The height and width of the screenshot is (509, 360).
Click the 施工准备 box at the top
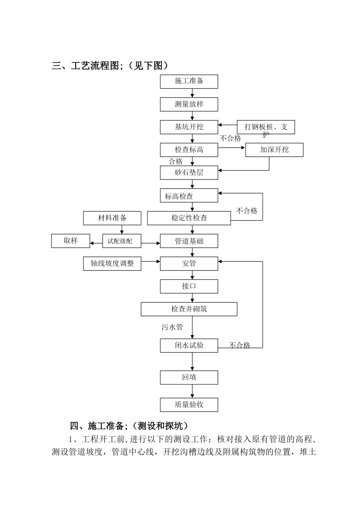(189, 81)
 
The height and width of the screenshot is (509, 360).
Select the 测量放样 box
(189, 104)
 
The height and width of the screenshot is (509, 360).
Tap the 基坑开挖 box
(189, 127)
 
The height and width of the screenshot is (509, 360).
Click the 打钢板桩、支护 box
(266, 127)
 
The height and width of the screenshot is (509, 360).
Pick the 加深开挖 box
(274, 150)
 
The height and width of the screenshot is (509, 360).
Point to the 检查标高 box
(189, 150)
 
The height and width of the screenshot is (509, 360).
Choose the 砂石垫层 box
(189, 173)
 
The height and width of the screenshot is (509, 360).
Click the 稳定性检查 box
(189, 218)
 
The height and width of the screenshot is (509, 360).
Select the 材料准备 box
(112, 218)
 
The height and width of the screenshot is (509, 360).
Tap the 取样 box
(70, 241)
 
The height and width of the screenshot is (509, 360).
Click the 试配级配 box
(121, 241)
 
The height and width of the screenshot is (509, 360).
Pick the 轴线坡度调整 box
(112, 264)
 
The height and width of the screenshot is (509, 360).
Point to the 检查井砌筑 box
(189, 309)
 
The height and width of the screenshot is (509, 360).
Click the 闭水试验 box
(189, 345)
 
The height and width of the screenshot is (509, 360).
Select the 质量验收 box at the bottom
(189, 404)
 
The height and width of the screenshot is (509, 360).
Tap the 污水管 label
(172, 327)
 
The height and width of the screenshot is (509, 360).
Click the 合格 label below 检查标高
(175, 162)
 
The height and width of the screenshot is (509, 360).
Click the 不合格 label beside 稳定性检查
(247, 211)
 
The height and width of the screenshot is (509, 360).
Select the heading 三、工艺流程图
(110, 66)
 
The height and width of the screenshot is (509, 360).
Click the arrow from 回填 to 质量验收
(192, 391)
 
